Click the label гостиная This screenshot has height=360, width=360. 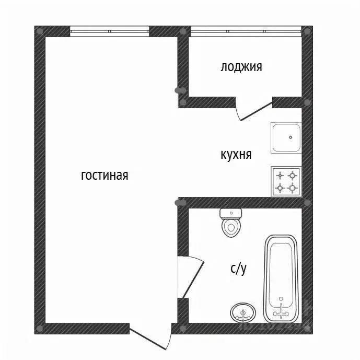pyautogui.click(x=104, y=176)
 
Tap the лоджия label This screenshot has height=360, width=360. pyautogui.click(x=241, y=67)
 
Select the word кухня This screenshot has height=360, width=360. pyautogui.click(x=236, y=155)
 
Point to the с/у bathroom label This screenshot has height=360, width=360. pyautogui.click(x=238, y=269)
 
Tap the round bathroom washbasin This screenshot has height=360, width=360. pyautogui.click(x=243, y=313)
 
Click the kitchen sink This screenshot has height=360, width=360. pyautogui.click(x=286, y=137)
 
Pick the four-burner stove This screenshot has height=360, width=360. pyautogui.click(x=286, y=181)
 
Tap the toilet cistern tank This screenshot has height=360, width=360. pyautogui.click(x=231, y=213)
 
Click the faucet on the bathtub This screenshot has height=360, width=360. pyautogui.click(x=282, y=311)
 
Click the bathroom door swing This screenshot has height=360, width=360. pyautogui.click(x=191, y=276)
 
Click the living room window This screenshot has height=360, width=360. pyautogui.click(x=109, y=31)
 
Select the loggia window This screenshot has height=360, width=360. pyautogui.click(x=245, y=31)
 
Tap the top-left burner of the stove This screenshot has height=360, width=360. pyautogui.click(x=280, y=175)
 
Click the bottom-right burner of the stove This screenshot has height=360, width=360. pyautogui.click(x=293, y=187)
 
